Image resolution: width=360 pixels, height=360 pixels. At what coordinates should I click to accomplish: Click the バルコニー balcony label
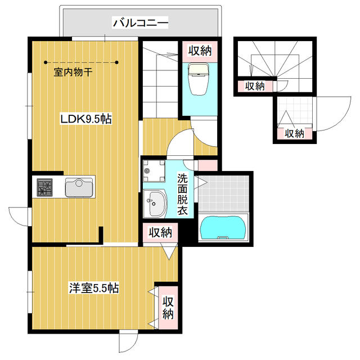tap(141, 22)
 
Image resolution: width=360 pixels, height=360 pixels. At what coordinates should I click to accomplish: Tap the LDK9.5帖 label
tap(86, 119)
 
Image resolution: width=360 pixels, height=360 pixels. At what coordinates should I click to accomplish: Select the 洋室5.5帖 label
tap(94, 288)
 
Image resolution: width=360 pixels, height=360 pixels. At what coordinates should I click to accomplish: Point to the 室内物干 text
tap(73, 72)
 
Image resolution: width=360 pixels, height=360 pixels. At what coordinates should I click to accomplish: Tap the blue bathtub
tap(223, 228)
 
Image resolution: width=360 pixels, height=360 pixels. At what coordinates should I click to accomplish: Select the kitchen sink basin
tap(79, 187)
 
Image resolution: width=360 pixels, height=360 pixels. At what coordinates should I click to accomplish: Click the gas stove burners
tap(44, 187)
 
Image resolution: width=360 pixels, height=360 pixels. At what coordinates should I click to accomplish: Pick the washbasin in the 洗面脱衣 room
tap(155, 204)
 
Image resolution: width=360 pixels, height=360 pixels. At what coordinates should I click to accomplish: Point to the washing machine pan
tap(154, 171)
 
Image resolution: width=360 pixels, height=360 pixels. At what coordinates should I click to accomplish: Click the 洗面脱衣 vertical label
tap(182, 194)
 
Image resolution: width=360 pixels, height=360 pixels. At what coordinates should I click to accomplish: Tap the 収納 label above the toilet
tap(200, 51)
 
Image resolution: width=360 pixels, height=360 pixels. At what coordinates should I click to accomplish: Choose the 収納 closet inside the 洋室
tap(168, 308)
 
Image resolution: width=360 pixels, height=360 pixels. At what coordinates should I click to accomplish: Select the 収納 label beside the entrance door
tap(295, 133)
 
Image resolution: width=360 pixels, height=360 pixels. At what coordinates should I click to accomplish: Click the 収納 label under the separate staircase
tap(255, 86)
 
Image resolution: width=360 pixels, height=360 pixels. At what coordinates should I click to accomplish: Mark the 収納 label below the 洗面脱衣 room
tap(160, 232)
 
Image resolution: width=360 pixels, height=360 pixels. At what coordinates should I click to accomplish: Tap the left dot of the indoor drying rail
tap(46, 62)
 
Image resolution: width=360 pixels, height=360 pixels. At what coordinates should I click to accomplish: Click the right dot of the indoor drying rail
tap(117, 62)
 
